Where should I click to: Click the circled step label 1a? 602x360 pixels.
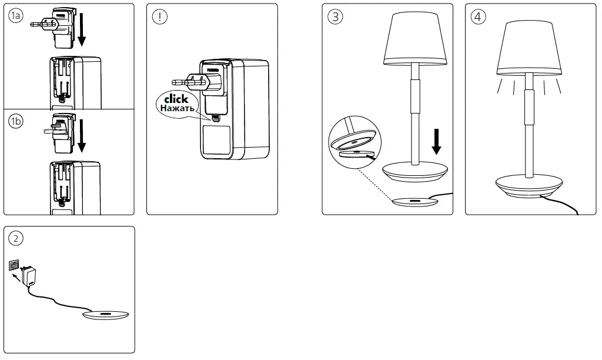coord(16,16)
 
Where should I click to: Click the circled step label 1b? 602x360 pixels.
coord(16,122)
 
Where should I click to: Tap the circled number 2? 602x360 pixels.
coord(16,238)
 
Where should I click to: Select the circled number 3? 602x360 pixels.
coord(335,16)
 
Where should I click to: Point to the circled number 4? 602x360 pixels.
coord(479,16)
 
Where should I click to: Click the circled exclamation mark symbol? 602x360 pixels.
coord(159,16)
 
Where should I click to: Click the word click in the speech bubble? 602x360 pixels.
coord(176,99)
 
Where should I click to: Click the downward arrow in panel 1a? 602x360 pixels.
coord(81,31)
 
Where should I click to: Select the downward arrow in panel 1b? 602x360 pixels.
coord(81,135)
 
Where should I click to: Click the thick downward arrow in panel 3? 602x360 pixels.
coord(436,142)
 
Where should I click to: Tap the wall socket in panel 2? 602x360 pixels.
coord(14,266)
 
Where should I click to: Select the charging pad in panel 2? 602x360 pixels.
coord(106,315)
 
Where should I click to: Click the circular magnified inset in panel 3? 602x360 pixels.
coord(353,141)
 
